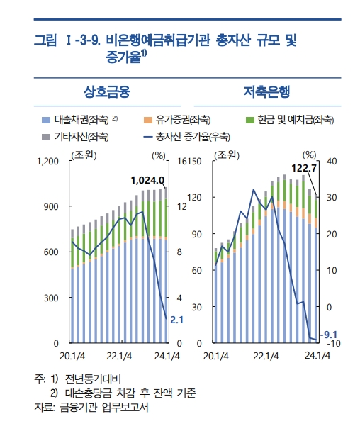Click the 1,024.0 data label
click(147, 180)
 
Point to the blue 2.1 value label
click(177, 320)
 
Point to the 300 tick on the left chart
click(50, 298)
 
